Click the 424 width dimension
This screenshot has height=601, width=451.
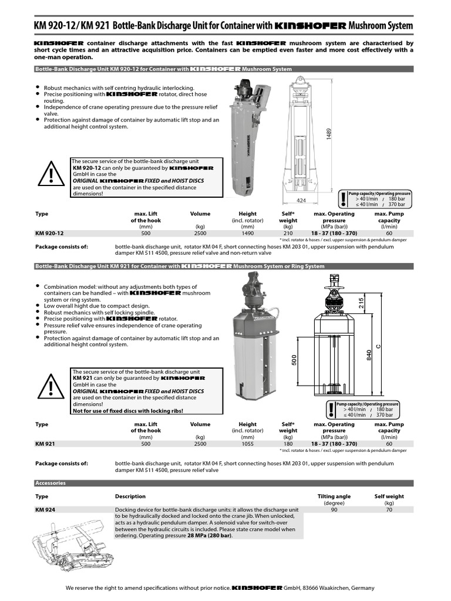(x=301, y=201)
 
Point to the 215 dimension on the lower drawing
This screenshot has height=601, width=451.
(x=362, y=303)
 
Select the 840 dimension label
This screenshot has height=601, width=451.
(x=369, y=355)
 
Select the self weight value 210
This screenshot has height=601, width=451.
(x=288, y=233)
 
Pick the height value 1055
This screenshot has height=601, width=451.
(x=247, y=444)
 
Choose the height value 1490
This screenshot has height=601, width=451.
(x=247, y=233)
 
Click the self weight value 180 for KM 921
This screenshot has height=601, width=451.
(x=288, y=444)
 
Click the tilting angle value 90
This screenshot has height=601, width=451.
(x=334, y=511)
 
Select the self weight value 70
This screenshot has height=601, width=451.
(x=389, y=511)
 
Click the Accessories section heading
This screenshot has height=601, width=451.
(x=50, y=483)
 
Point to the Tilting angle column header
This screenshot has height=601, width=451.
(x=334, y=497)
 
